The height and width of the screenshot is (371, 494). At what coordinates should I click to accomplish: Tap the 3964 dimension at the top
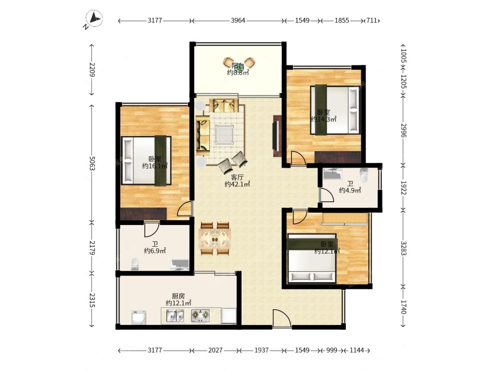point(238,20)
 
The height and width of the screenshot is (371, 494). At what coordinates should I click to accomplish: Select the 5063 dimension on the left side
point(92,163)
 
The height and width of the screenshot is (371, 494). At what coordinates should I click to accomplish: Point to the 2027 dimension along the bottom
point(215,350)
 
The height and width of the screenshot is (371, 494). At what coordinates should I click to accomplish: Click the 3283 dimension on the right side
point(404,248)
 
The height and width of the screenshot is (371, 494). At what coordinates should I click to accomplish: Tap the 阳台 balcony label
point(238,66)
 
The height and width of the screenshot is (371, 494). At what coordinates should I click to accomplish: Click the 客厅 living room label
point(237,177)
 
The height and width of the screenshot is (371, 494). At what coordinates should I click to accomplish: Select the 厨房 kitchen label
point(178,296)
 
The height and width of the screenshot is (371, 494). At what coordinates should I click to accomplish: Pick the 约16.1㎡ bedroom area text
point(155,166)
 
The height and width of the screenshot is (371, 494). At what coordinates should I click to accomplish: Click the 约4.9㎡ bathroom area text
point(350,190)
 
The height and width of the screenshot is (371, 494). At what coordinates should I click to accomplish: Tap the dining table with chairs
point(215,239)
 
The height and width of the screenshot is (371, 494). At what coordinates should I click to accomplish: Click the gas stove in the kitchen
point(201,316)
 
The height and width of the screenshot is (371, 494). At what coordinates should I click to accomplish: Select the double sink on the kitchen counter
point(175,316)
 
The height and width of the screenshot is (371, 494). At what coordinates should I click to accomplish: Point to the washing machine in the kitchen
point(139,318)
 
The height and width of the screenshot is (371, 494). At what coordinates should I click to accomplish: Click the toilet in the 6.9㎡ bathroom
point(135,264)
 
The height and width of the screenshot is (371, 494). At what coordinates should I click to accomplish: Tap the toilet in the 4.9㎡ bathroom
point(364,176)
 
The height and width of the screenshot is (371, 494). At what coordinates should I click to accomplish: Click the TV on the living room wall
point(275,136)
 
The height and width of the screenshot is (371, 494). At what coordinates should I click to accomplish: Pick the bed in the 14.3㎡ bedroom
point(335,110)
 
